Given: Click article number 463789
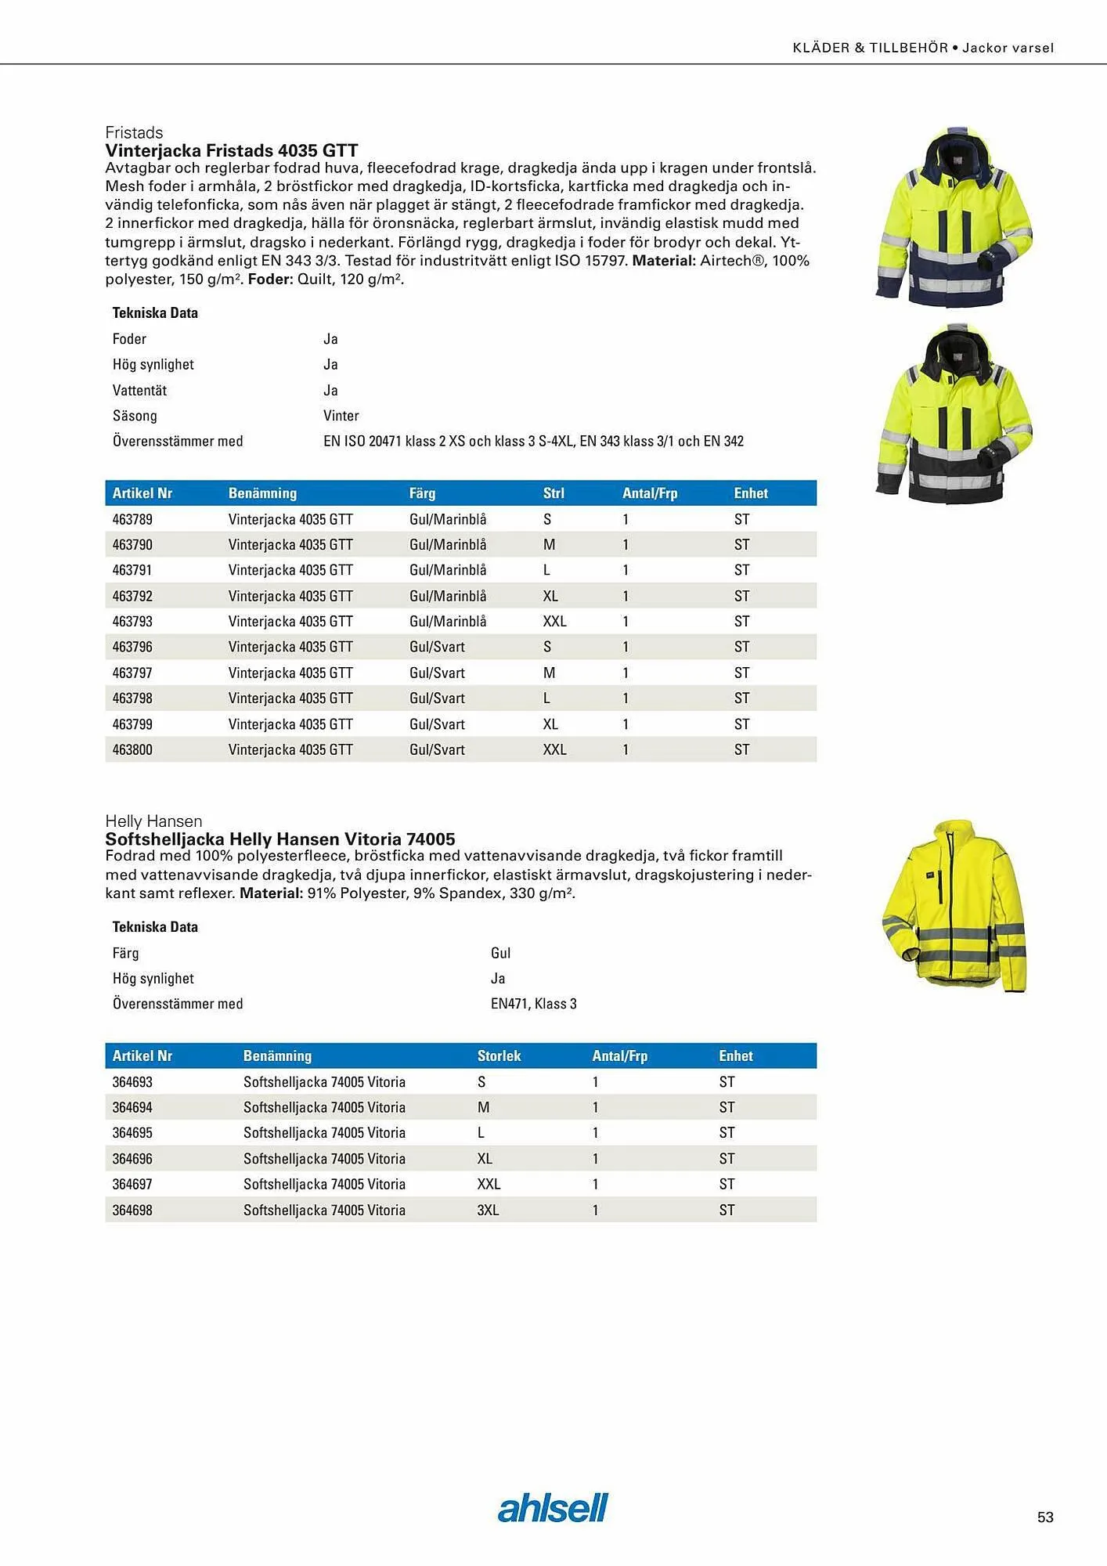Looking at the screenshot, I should pos(132,519).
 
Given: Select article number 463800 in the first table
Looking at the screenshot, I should pos(132,749).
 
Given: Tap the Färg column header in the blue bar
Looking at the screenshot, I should pos(422,493).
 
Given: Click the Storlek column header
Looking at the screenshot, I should pos(499,1055).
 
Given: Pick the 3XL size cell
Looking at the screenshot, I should pos(488,1210).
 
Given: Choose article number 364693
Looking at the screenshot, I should pos(132,1082).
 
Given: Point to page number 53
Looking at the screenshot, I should pos(1045,1517).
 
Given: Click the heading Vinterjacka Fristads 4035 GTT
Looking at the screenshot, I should pos(232,150).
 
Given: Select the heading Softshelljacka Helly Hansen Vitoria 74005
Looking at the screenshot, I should pos(280,839).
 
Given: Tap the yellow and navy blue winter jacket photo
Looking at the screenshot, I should pos(953,216).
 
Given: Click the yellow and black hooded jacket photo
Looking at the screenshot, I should pos(953,413).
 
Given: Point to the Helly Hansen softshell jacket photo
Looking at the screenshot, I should pos(953,906).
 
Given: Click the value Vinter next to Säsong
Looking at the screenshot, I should pos(341,416).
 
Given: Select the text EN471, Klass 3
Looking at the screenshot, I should pos(533,1004).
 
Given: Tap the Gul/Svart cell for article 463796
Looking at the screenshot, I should pos(437,647).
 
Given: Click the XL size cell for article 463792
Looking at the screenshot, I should pos(550,596).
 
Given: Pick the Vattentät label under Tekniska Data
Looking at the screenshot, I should pos(139,390).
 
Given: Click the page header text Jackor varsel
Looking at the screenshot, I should pos(1008,48).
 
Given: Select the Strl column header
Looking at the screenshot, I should pos(553,493).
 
